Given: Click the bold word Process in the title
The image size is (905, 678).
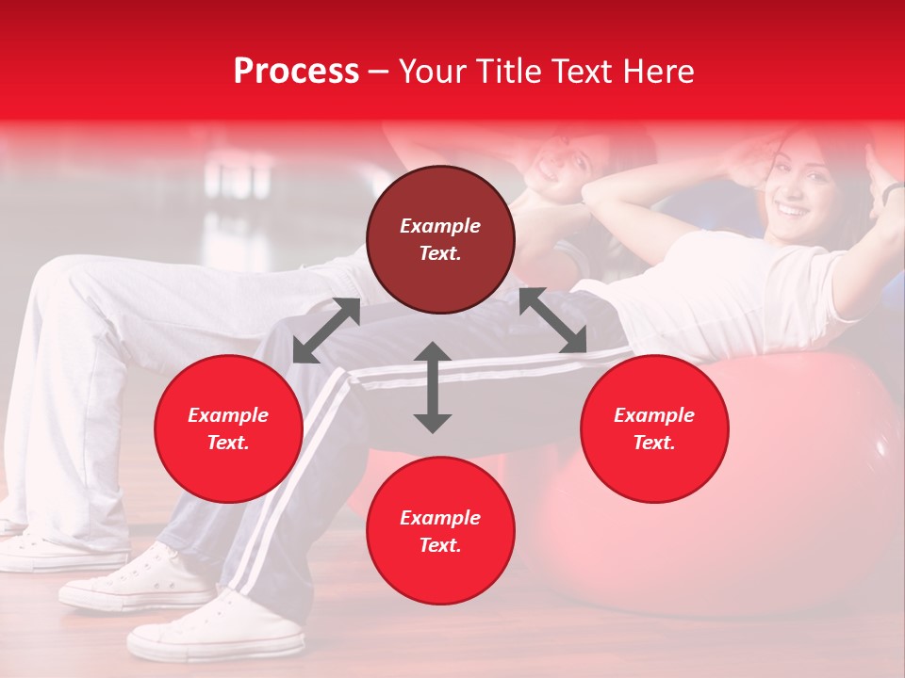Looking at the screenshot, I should tap(296, 72).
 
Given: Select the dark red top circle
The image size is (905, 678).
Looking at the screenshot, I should tap(440, 240).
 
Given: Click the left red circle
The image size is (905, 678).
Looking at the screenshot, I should tap(228, 428).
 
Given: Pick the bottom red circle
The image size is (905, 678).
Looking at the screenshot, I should tap(440, 531).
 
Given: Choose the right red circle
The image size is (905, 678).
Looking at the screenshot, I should tap(654, 428).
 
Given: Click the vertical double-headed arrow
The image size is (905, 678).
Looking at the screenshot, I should tap(433, 387).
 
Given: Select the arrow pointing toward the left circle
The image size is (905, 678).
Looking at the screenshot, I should tap(326, 331).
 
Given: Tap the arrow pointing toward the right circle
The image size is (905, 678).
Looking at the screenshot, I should tap(553, 321).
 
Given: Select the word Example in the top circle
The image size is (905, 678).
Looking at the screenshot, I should tap(440, 226).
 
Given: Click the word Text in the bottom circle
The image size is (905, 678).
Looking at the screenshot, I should tap(440, 545).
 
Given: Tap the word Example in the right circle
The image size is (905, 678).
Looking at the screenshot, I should tap(654, 415).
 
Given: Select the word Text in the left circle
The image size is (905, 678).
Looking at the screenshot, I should tap(228, 443).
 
